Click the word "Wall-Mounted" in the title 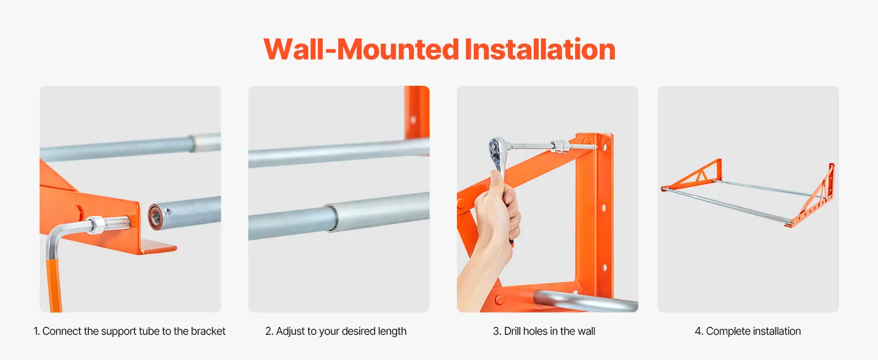point(361,49)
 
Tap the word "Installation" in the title point(540,49)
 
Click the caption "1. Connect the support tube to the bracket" point(130,331)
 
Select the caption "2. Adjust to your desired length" point(336,331)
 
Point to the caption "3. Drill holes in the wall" point(544,331)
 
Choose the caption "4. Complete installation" point(748,331)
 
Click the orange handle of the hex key point(54,285)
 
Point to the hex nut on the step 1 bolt point(97,225)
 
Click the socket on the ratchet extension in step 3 point(558,146)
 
